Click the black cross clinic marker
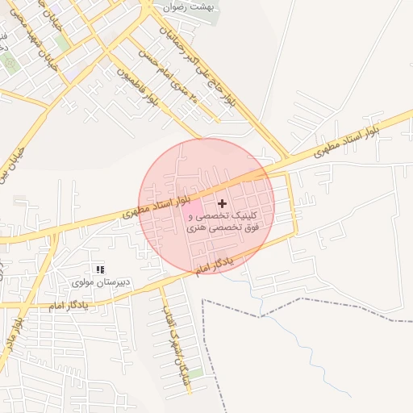(x=223, y=204)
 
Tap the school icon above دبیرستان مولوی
(x=100, y=269)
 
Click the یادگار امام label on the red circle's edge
(x=214, y=265)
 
